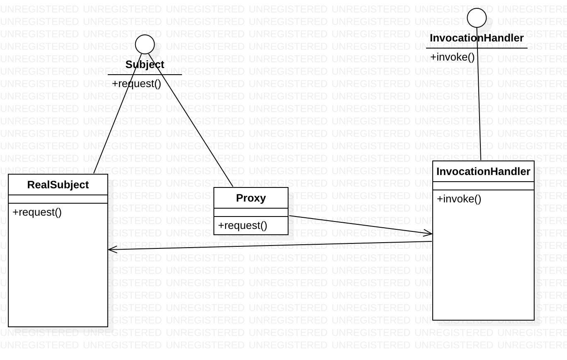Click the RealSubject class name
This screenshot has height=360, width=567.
(58, 185)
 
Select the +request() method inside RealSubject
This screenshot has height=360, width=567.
(37, 212)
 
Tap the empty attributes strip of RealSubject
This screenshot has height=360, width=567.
(58, 199)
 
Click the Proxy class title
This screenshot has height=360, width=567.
(251, 198)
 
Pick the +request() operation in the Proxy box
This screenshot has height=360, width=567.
(243, 226)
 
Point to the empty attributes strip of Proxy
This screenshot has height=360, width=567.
(251, 212)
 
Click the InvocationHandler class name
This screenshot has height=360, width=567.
(483, 172)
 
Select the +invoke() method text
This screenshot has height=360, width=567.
(459, 199)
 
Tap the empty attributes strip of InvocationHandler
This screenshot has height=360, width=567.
(483, 186)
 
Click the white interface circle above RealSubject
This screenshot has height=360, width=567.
(145, 44)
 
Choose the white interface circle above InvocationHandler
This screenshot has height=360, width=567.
(477, 18)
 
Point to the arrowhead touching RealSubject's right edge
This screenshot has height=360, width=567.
(111, 249)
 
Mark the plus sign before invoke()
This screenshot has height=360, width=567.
(440, 199)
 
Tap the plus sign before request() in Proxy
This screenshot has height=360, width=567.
(221, 226)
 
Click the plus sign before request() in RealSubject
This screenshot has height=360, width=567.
(15, 212)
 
